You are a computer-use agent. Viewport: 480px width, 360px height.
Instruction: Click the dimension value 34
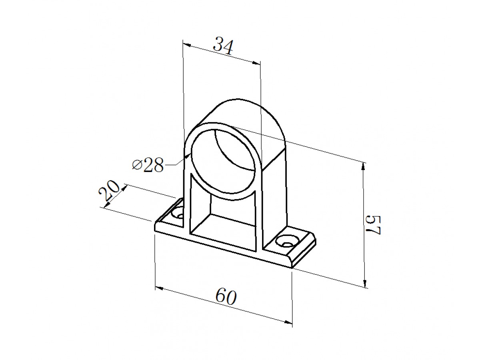[223, 46]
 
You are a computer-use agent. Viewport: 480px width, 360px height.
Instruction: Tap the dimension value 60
[226, 297]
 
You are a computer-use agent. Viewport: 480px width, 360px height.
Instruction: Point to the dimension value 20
[109, 191]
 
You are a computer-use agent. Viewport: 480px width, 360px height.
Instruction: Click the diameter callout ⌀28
[148, 165]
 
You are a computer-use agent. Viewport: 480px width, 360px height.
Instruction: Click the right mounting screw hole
[287, 241]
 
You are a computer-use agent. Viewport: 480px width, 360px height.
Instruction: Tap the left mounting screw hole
[178, 214]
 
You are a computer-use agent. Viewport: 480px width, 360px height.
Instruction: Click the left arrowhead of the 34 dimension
[187, 45]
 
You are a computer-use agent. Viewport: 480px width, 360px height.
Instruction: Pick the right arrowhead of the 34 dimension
[256, 63]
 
